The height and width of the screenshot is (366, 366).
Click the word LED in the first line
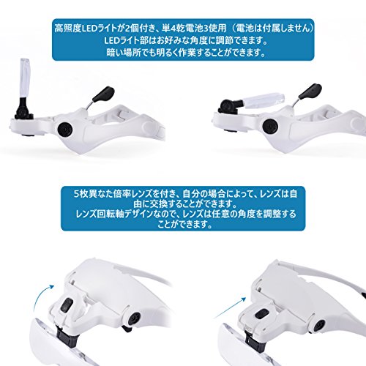(89, 29)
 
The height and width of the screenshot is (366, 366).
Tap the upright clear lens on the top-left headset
(26, 78)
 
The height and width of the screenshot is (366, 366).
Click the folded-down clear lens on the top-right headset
(264, 100)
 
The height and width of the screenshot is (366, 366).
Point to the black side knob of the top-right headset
(271, 126)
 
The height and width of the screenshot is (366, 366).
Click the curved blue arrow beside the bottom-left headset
(42, 298)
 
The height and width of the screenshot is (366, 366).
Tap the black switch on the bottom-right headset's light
(262, 314)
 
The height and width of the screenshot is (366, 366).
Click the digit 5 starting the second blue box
(76, 194)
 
